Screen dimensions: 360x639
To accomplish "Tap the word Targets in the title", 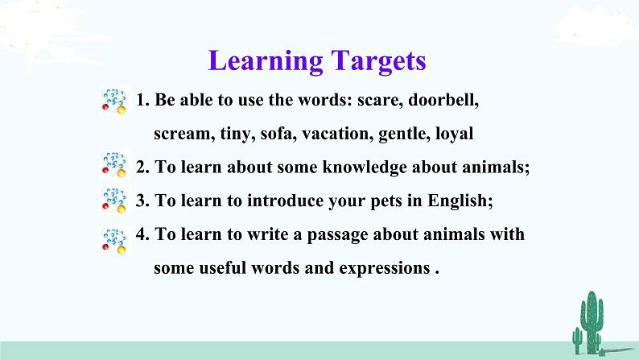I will click(375, 61).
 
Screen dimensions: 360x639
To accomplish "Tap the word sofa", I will click(278, 135).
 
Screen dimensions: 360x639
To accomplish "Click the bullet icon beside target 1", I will click(113, 102).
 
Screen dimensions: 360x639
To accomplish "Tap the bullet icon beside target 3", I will click(113, 201).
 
